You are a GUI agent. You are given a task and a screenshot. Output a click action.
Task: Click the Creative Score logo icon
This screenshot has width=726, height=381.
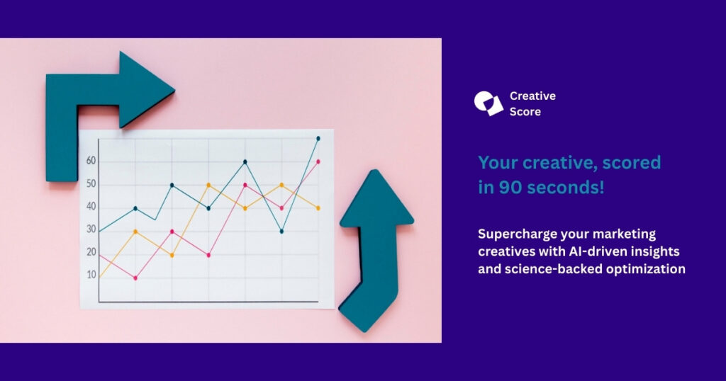488,103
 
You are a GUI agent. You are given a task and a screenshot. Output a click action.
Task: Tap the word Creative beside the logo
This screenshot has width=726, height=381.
532,96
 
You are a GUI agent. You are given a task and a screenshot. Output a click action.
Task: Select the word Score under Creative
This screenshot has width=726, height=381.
525,112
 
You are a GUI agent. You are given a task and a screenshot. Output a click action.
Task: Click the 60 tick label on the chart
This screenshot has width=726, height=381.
91,161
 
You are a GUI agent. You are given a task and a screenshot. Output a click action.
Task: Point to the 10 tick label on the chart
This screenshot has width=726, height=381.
91,275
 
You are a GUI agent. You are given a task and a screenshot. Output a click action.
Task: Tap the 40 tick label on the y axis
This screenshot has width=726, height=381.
91,206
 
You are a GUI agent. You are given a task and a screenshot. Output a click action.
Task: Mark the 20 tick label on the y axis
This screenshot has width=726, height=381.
91,252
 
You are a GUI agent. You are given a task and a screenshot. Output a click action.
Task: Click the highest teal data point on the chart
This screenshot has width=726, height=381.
318,138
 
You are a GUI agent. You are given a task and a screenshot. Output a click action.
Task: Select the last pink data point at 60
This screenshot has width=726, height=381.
318,161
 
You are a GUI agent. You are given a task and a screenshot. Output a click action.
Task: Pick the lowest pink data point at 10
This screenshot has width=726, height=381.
135,278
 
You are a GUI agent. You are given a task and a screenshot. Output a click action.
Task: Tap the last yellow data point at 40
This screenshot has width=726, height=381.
318,208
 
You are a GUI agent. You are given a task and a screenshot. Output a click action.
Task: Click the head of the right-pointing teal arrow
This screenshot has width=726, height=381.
146,89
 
